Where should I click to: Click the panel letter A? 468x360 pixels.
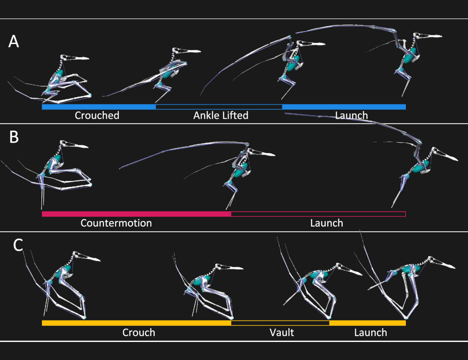(x=14, y=41)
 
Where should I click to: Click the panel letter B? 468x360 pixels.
(x=14, y=137)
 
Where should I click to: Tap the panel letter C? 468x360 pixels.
(x=18, y=245)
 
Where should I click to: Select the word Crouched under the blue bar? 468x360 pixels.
(x=97, y=115)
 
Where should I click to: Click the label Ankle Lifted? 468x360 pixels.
(x=221, y=115)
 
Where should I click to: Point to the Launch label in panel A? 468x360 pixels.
(x=351, y=116)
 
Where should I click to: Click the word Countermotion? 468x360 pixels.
(x=116, y=223)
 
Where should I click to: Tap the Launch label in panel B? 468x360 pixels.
(x=327, y=223)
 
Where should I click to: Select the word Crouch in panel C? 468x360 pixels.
(x=139, y=333)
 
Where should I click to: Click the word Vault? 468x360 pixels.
(x=282, y=333)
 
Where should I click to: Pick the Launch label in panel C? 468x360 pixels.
(x=371, y=333)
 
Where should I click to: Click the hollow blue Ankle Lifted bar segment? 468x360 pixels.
(x=219, y=107)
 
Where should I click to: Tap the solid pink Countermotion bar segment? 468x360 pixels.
(x=136, y=214)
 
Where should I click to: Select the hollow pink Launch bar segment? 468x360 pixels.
(x=319, y=214)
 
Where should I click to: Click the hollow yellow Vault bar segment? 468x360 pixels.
(x=280, y=323)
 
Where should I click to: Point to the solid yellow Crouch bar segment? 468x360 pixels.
(x=136, y=323)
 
